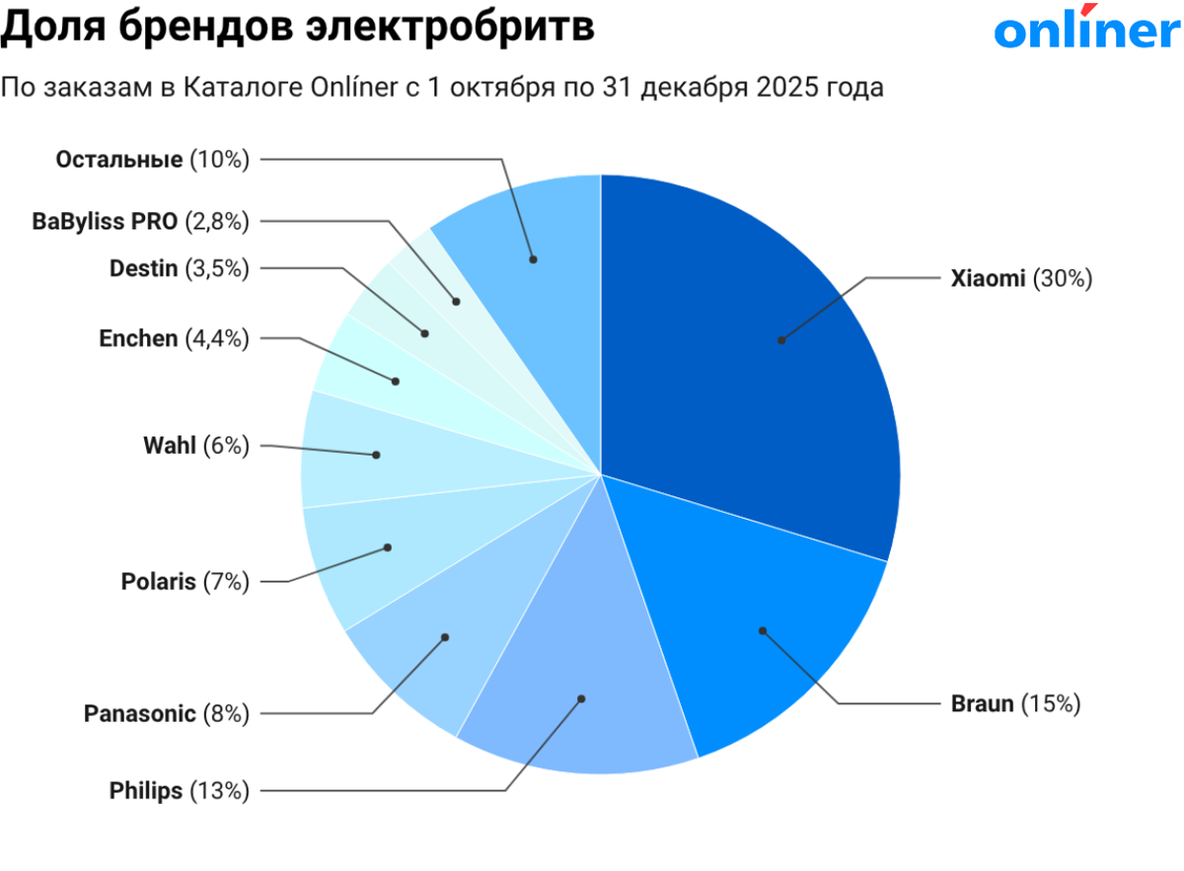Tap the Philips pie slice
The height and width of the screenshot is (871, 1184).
[582, 690]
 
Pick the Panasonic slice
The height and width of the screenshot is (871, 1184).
[434, 651]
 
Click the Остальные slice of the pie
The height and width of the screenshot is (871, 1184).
[533, 247]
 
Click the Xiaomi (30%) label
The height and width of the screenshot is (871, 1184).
[1021, 279]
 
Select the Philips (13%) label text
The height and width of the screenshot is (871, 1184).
[179, 790]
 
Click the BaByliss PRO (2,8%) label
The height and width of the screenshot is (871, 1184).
[140, 221]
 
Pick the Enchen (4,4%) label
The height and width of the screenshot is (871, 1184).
[174, 338]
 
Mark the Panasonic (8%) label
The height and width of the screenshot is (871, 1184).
[166, 712]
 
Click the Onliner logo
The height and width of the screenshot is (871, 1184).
[1086, 31]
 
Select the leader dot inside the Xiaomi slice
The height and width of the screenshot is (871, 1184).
[780, 340]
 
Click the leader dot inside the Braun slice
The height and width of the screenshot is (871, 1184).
[762, 629]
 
